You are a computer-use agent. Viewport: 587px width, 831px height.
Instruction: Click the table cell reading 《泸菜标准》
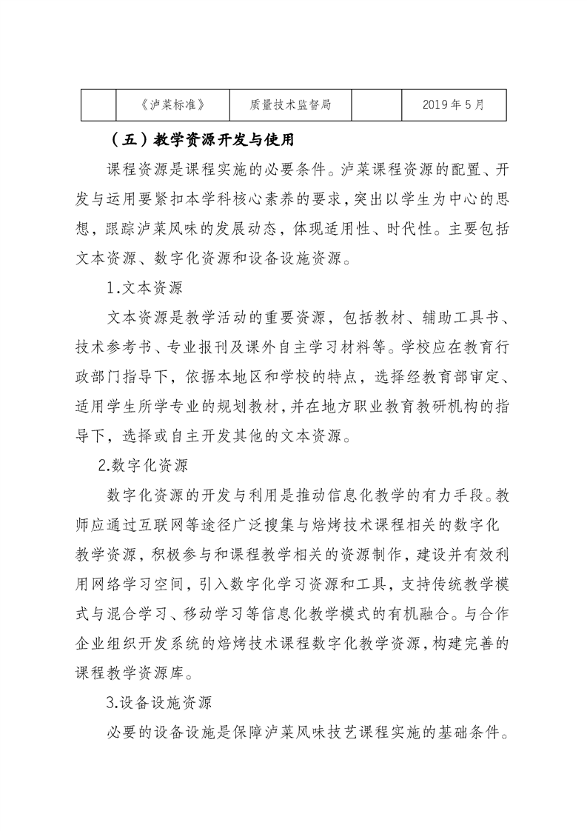coord(172,105)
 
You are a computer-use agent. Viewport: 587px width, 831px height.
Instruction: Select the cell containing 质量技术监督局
coord(290,105)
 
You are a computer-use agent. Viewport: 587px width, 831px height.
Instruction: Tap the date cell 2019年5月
coord(454,105)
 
